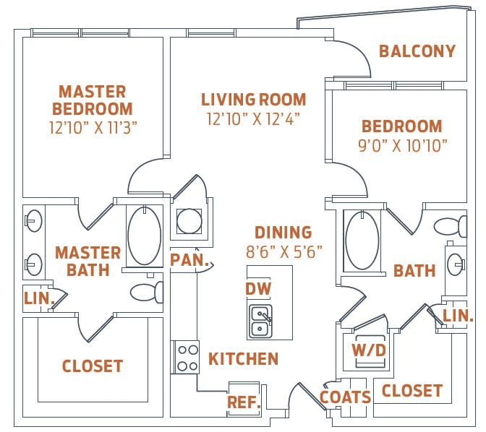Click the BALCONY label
click(417, 51)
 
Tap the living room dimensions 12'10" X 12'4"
click(253, 118)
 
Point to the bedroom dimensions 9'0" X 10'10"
click(401, 145)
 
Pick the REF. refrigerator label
click(244, 402)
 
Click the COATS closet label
click(346, 397)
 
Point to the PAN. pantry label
click(189, 259)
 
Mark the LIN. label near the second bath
click(458, 316)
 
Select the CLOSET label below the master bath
click(93, 366)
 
